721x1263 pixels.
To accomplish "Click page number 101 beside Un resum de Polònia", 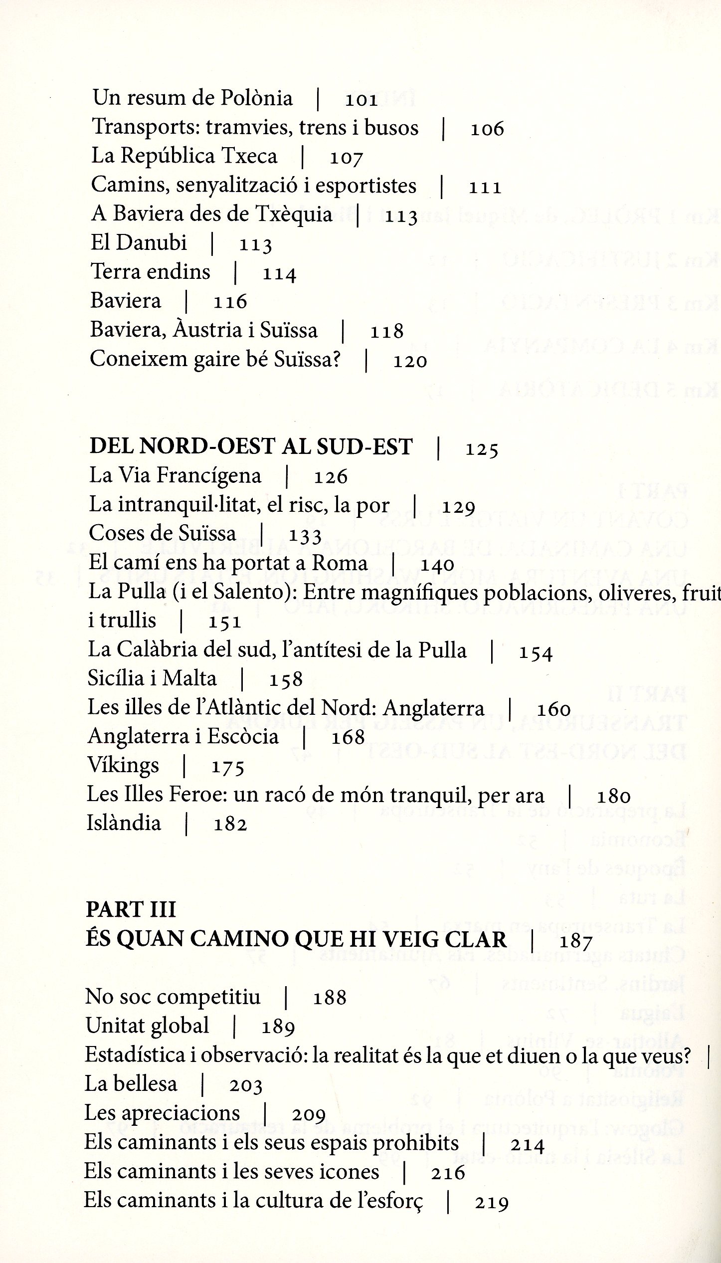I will (x=361, y=99).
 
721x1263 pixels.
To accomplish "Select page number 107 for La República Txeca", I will (x=346, y=158).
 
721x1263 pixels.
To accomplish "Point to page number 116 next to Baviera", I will (x=230, y=301).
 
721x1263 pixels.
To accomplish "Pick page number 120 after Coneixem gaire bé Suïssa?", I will (x=410, y=361).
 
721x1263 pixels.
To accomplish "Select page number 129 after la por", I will (x=458, y=507).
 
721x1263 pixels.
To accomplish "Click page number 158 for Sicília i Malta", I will (x=286, y=679).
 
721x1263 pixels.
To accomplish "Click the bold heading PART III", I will (x=131, y=910).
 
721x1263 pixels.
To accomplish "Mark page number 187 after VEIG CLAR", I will (x=575, y=941).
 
